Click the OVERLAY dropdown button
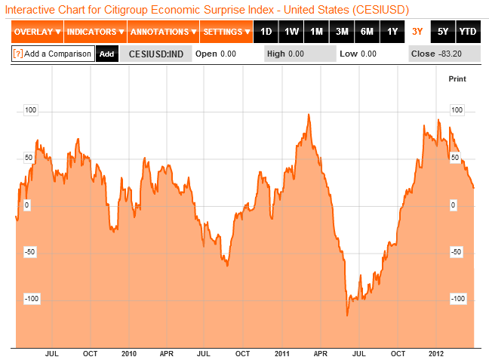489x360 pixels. click(37, 32)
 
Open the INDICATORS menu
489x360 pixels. click(94, 32)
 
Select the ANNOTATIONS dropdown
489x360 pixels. click(162, 32)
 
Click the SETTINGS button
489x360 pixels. click(226, 32)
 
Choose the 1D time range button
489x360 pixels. click(266, 32)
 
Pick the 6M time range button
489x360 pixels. click(367, 32)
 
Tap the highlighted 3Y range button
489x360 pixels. click(417, 32)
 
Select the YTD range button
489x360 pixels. click(468, 32)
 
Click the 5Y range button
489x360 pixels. click(442, 32)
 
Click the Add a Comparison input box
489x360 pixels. click(53, 54)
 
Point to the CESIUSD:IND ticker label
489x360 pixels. click(157, 54)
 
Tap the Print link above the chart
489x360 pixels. click(457, 78)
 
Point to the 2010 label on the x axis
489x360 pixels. click(128, 354)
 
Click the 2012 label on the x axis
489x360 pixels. click(435, 354)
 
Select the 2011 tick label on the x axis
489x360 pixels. click(282, 354)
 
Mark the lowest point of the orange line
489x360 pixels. click(347, 315)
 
